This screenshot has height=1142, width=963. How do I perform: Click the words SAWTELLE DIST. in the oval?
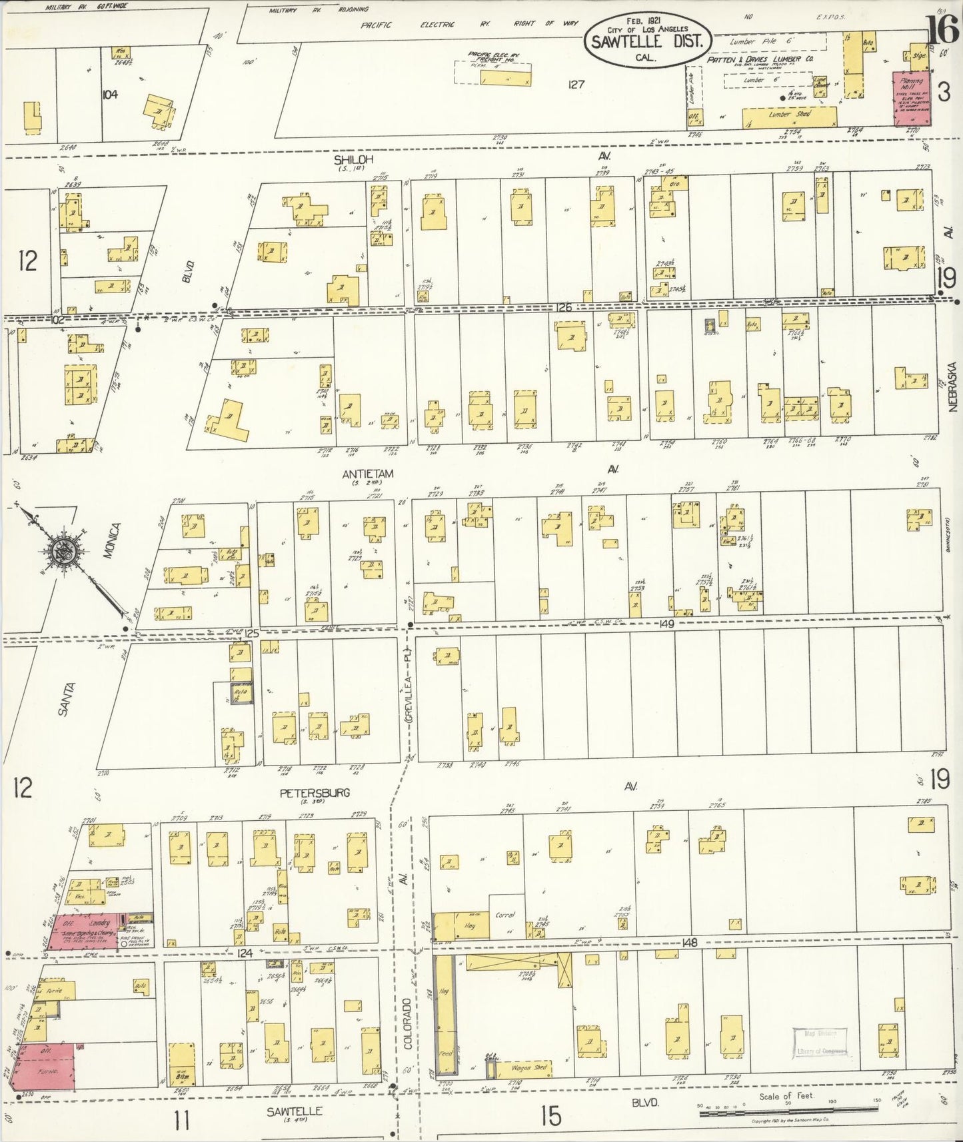coord(646,41)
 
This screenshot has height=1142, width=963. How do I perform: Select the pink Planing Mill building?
coord(911,99)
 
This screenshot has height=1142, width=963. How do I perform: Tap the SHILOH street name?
coord(354,160)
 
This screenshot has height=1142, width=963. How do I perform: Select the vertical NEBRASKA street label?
coord(952,386)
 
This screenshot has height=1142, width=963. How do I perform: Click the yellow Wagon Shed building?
coord(530,1067)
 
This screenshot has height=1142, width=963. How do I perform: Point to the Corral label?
coord(505,915)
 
